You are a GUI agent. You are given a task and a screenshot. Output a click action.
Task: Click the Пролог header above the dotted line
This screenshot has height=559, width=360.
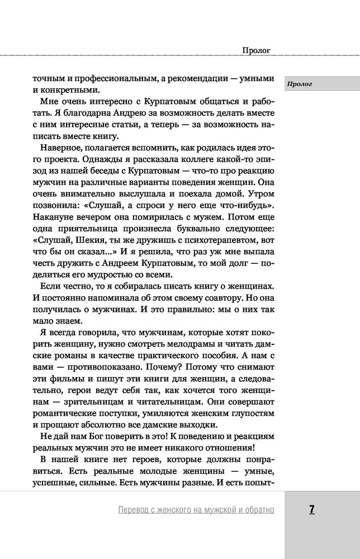[x=257, y=50]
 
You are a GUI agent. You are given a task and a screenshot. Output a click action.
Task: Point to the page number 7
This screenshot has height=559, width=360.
[x=312, y=509]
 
